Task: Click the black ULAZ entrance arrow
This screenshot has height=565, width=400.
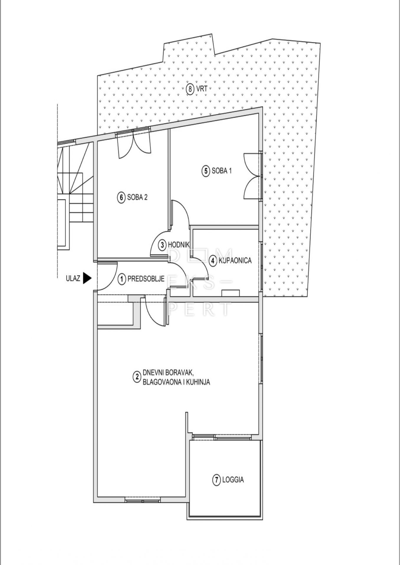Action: tap(87, 278)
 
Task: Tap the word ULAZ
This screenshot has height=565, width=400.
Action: tap(73, 278)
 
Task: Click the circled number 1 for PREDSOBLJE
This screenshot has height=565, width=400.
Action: tap(122, 279)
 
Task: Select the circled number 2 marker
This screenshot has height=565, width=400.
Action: tap(136, 377)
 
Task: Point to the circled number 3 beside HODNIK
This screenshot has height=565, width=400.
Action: tap(162, 244)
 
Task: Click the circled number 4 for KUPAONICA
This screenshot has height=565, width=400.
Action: tap(212, 260)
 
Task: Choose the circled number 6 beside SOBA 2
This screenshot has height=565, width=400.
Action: tap(121, 197)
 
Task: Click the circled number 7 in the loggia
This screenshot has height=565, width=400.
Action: tap(216, 480)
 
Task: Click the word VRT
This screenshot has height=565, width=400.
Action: tap(202, 89)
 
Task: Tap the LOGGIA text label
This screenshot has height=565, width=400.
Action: tap(233, 480)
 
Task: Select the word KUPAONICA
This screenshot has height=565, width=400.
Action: tap(235, 260)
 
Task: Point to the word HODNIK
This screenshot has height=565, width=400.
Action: tap(179, 244)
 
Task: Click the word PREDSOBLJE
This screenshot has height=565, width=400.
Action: tap(146, 279)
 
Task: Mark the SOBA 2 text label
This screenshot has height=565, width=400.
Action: tap(137, 197)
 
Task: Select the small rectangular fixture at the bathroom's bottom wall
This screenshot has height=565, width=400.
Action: tap(231, 293)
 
